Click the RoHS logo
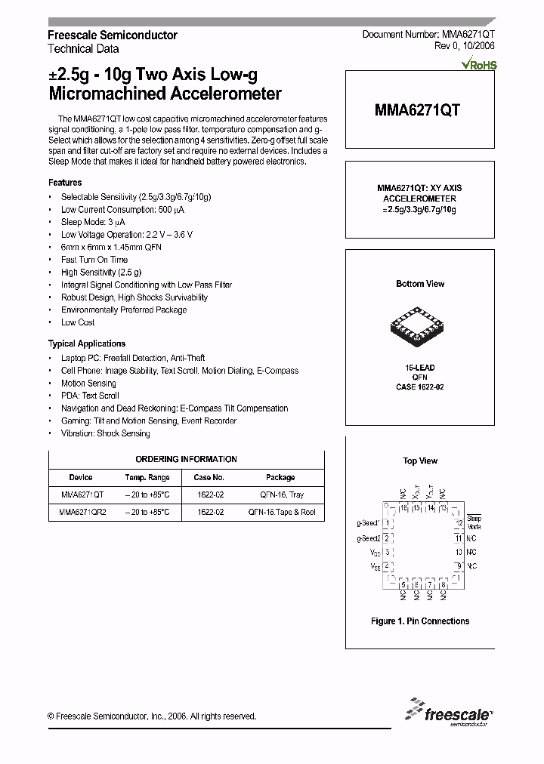point(479,65)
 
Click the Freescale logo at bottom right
point(447,711)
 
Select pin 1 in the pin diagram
point(387,522)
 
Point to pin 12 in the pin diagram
point(458,522)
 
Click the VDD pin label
point(375,553)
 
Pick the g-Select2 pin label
point(368,538)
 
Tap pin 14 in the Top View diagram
point(431,508)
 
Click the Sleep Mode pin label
point(474,522)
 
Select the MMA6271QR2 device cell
point(82,512)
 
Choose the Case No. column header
point(209,477)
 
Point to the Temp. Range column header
point(147,477)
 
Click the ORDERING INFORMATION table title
point(186,459)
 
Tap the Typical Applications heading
point(87,343)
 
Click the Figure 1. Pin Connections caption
point(420,621)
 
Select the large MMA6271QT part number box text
point(417,109)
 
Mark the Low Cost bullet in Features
point(78,322)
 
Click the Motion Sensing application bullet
point(88,383)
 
